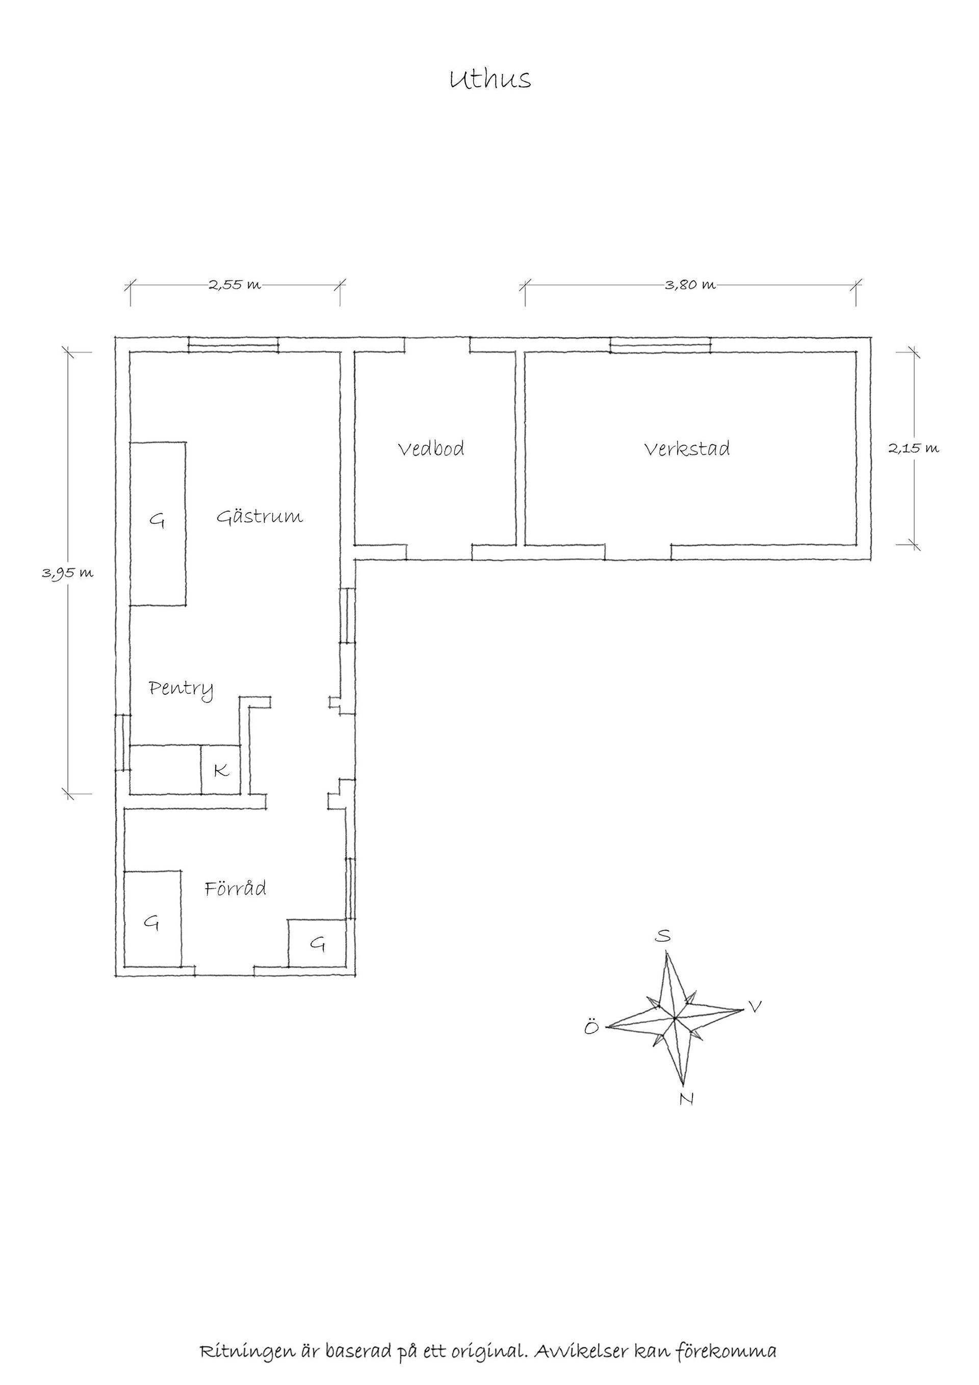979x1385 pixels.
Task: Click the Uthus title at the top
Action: [490, 79]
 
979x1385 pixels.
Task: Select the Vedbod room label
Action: [431, 448]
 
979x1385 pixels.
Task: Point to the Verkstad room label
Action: [687, 448]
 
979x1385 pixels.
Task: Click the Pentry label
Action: [181, 689]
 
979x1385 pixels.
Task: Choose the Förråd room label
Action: [235, 888]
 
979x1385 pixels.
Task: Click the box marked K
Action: [221, 770]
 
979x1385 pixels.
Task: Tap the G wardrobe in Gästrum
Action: [158, 523]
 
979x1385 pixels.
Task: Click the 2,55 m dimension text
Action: [235, 285]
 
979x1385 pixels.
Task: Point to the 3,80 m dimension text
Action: [690, 285]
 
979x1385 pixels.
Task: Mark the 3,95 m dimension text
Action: [67, 573]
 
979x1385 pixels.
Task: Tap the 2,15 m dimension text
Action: [913, 448]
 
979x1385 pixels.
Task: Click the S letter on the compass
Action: [662, 936]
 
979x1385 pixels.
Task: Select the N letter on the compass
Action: [686, 1099]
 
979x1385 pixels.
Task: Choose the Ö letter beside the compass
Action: [591, 1027]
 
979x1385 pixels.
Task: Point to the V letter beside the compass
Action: [754, 1005]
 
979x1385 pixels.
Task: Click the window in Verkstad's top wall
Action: [661, 345]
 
